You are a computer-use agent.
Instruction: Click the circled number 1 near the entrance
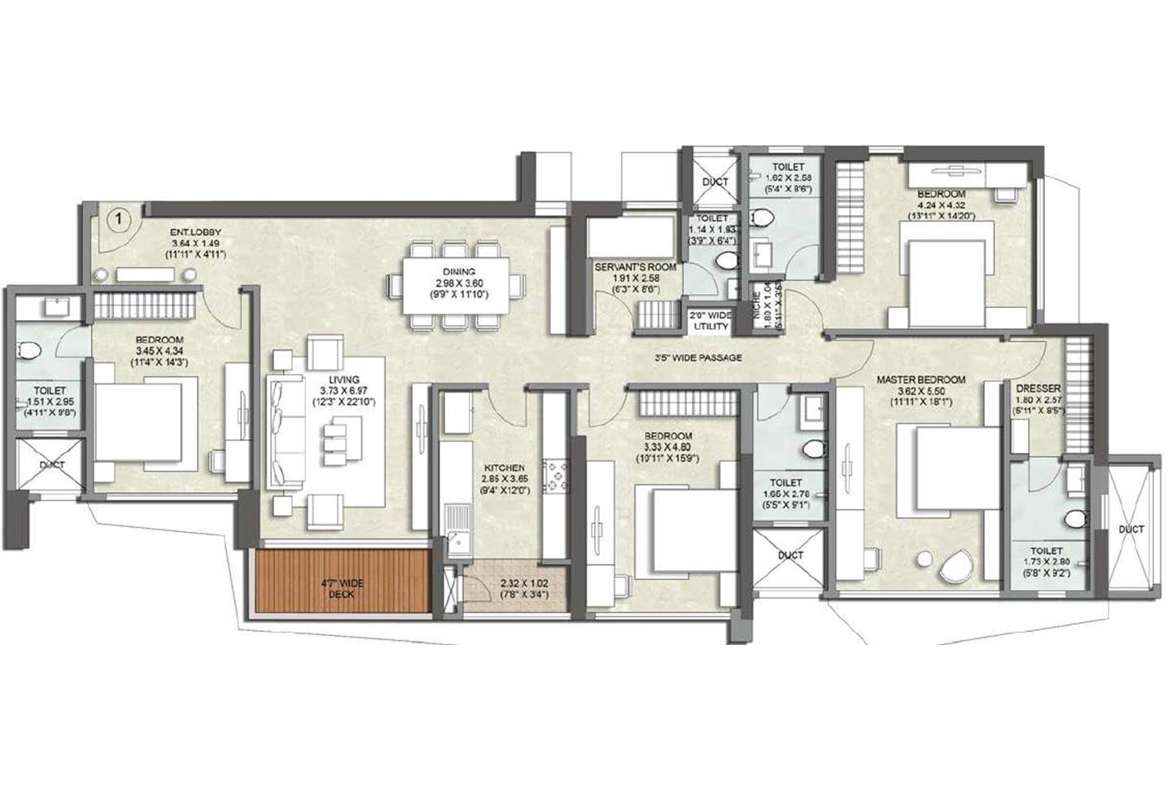click(x=119, y=218)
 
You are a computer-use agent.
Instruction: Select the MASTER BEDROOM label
click(x=921, y=380)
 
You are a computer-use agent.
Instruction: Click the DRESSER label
click(x=1038, y=388)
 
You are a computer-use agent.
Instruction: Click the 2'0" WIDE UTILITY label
click(x=709, y=320)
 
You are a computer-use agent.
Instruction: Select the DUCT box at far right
click(x=1130, y=529)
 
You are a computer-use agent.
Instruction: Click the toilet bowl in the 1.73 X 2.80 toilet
click(x=1074, y=518)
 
